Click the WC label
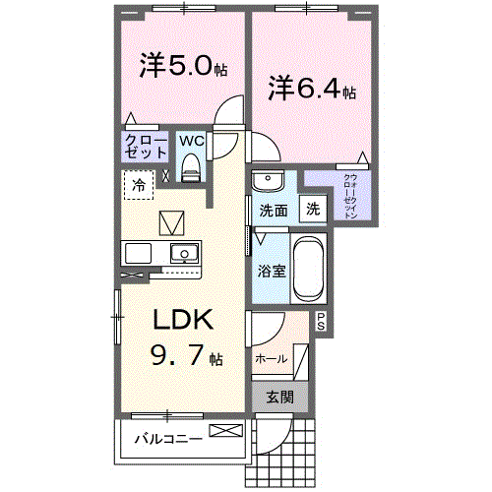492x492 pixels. pos(191,141)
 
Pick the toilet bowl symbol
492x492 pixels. pos(192,166)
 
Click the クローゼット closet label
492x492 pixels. pos(146,147)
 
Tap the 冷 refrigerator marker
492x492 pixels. pos(139,184)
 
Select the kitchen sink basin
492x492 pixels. pos(181,253)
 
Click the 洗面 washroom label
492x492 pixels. pos(274,210)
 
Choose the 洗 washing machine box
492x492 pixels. pos(312,209)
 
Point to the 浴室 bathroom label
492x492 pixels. pos(273,270)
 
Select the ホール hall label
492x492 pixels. pos(272,359)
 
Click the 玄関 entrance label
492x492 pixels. pos(279,398)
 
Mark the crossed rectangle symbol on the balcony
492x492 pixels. pos(223,431)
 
